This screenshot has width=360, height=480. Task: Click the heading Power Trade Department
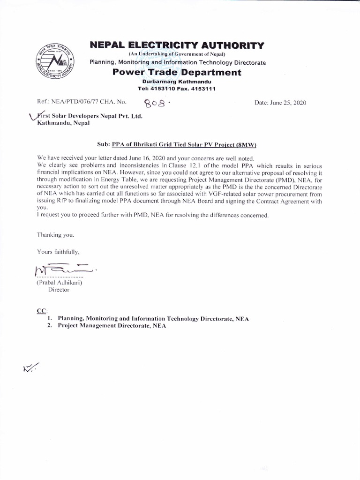[x=177, y=73]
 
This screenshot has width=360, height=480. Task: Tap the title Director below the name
[x=59, y=290]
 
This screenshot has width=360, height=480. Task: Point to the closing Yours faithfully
[x=58, y=252]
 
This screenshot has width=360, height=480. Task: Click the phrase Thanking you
[x=55, y=235]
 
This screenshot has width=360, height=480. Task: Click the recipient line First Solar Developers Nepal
[x=89, y=116]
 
